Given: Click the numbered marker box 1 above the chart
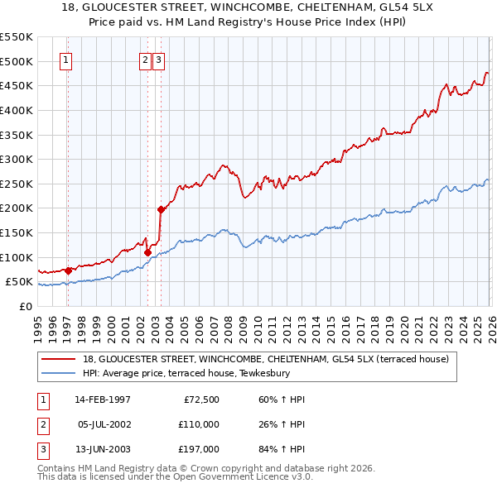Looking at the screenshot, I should (x=65, y=60).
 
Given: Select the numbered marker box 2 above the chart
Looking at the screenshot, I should (x=145, y=60).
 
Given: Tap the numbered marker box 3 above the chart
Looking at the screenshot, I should (x=158, y=60).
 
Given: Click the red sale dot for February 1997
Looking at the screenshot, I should (x=68, y=270).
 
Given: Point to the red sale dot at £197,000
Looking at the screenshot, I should (x=161, y=209).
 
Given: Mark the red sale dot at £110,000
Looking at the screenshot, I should (x=147, y=252).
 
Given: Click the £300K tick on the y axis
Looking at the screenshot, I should (x=17, y=159).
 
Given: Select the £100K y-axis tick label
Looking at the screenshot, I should (x=17, y=257).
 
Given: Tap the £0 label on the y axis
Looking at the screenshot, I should (x=25, y=306).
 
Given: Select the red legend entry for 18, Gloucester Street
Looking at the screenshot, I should (x=265, y=359).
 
